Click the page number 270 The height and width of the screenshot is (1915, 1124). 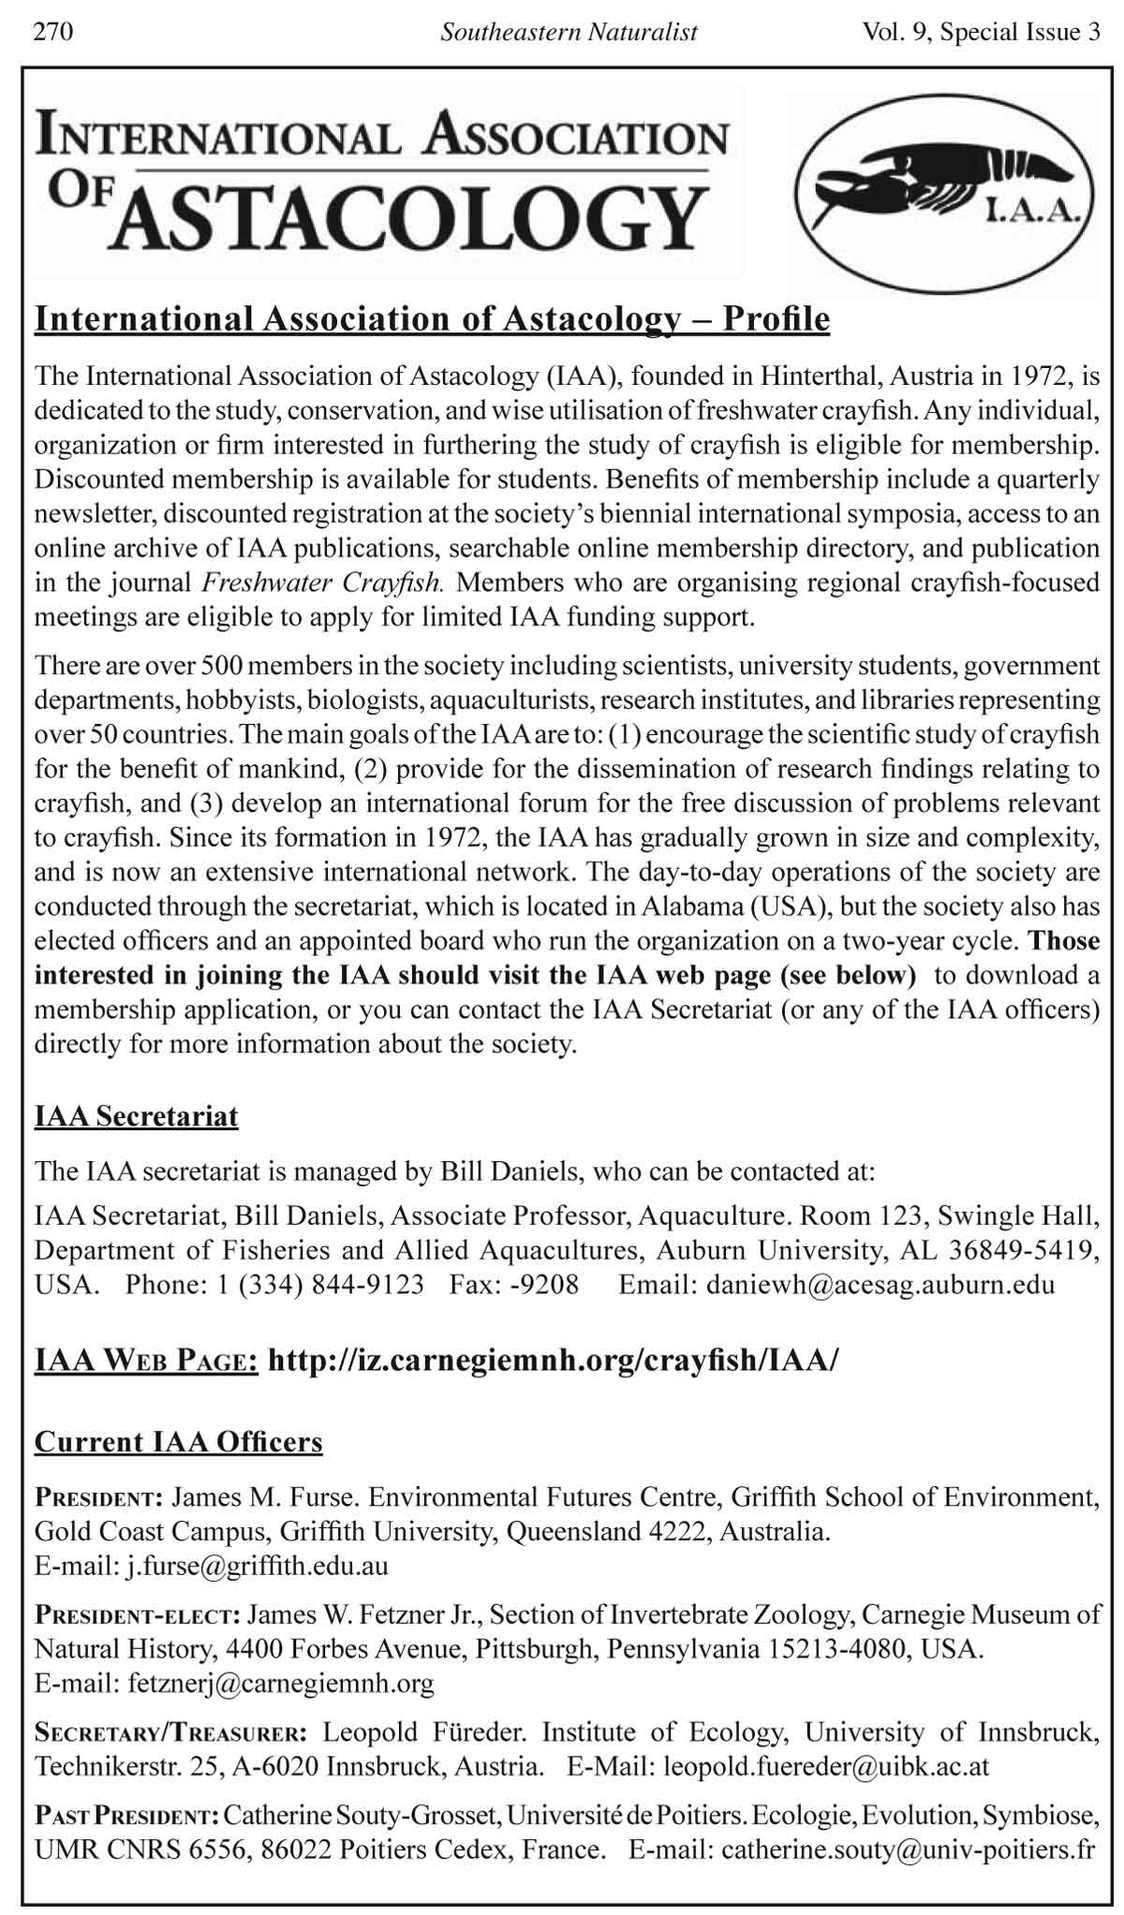tap(53, 33)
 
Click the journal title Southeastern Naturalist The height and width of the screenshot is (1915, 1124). tap(569, 33)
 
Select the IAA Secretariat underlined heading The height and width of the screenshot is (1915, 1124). tap(137, 1116)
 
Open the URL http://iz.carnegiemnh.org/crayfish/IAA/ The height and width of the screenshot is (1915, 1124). tap(553, 1360)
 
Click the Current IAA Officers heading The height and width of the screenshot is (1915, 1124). tap(178, 1441)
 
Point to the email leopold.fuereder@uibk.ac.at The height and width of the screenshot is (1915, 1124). tap(825, 1766)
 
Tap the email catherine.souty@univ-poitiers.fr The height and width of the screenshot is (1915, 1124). tap(908, 1849)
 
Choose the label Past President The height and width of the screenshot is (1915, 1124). tap(126, 1817)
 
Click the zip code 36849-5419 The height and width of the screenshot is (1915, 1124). tap(1022, 1250)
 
